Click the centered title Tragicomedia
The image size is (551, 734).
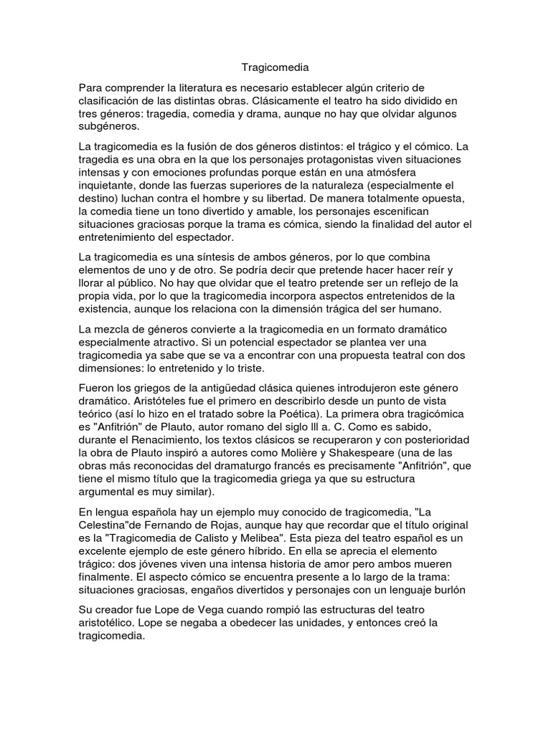tap(275, 68)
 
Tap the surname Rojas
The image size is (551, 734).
tap(232, 525)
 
